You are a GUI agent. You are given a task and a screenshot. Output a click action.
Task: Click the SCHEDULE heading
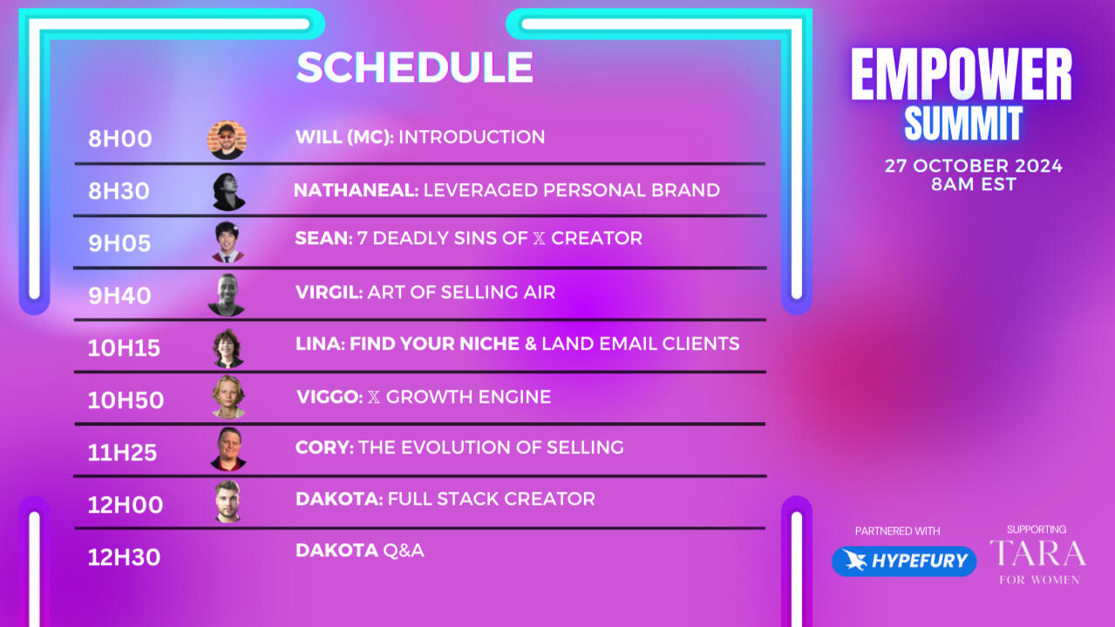coord(415,67)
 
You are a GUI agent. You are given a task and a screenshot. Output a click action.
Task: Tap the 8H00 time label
coord(120,139)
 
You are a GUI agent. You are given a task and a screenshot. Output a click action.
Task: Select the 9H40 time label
coord(119,296)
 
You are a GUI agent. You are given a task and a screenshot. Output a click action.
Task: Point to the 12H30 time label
coord(124,557)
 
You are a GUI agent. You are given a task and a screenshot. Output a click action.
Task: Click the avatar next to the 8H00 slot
coord(227,140)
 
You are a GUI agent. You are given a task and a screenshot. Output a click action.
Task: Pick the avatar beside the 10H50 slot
coord(228,397)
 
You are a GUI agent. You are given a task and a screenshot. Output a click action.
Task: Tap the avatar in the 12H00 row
coord(228,501)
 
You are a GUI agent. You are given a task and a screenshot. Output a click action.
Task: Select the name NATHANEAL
coord(356,190)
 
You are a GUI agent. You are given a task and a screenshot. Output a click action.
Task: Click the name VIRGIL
coord(329,292)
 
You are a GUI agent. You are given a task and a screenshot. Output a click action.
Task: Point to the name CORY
coord(324,447)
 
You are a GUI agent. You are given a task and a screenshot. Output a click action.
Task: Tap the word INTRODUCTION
coord(472,137)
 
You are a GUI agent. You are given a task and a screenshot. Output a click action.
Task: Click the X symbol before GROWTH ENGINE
coord(374,398)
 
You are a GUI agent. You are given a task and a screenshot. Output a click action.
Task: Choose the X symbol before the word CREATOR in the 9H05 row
coord(539,239)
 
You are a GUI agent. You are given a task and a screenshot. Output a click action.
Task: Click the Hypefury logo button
coord(904,562)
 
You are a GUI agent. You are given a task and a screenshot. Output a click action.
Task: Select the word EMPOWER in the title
coord(962,74)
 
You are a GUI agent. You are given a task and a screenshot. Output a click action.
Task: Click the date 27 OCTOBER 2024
coord(974,166)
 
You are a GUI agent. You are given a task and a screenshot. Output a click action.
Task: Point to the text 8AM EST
coord(974,184)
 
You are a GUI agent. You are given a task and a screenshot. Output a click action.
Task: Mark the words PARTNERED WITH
coord(897,531)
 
